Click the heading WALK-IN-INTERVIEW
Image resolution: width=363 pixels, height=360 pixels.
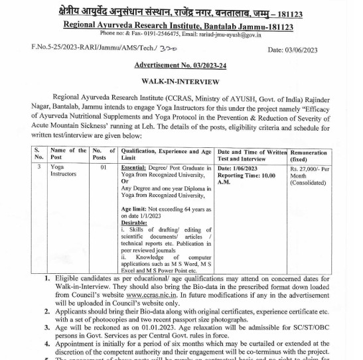point(180,81)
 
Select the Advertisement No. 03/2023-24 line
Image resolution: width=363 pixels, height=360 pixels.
point(180,65)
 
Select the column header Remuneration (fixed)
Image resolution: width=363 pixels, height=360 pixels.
point(309,156)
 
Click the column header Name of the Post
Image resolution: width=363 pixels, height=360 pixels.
point(68,154)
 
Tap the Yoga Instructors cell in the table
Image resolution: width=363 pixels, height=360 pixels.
point(64,171)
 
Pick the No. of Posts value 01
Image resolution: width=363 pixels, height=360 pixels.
point(104,168)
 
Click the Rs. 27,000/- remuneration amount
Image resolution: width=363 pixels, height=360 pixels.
point(309,168)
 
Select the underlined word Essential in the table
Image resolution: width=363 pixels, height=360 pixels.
point(134,168)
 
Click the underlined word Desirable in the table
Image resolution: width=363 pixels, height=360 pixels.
point(134,223)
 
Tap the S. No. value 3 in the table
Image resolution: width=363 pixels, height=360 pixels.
point(39,168)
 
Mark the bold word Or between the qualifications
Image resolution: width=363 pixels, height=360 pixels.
point(124,182)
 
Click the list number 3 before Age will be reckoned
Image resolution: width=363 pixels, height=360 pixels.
point(47,327)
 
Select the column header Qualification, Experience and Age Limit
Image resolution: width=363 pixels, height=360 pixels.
point(166,154)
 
